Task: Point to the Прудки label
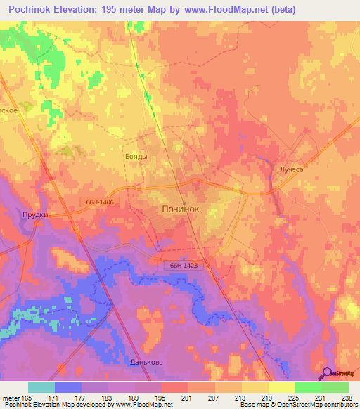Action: click(33, 215)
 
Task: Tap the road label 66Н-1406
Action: click(101, 202)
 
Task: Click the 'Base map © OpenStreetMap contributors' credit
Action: click(296, 405)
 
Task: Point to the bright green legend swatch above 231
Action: click(308, 387)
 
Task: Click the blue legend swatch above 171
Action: click(68, 387)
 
